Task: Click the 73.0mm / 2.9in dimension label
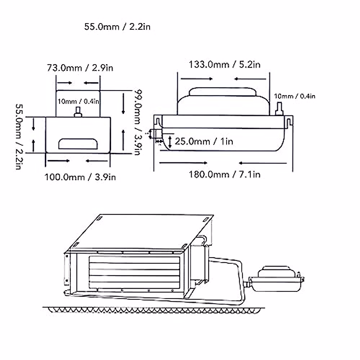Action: (x=80, y=68)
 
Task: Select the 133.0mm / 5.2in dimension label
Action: (x=224, y=64)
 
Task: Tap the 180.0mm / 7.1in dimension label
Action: (x=224, y=174)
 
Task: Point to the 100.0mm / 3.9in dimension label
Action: (x=80, y=177)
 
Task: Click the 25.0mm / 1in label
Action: (x=204, y=141)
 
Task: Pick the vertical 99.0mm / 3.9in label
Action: (x=137, y=122)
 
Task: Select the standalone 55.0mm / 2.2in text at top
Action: (x=117, y=27)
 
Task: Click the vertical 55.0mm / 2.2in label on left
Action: (x=19, y=136)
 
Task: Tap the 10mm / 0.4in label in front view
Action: (x=78, y=101)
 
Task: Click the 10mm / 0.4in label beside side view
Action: (x=294, y=96)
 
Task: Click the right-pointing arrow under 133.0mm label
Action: (x=196, y=79)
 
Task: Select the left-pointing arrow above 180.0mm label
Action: (x=262, y=163)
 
